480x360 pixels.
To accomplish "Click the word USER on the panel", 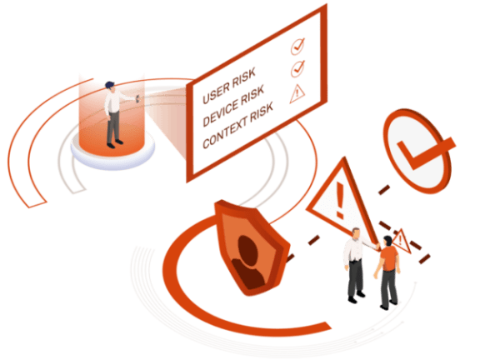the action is [x=216, y=92].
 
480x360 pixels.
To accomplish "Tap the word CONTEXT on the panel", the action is [x=225, y=133].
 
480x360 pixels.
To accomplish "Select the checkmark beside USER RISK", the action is [x=297, y=46].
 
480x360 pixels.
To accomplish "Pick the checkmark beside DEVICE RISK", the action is [x=297, y=68].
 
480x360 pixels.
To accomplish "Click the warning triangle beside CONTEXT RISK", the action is [x=297, y=94].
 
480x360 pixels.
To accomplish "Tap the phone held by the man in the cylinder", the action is [x=137, y=98].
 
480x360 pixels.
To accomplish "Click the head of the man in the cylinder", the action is [x=110, y=86].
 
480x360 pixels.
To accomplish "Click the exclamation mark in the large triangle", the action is [x=340, y=200].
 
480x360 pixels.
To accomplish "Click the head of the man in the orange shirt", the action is [x=387, y=242].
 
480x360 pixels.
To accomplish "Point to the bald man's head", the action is [x=356, y=234].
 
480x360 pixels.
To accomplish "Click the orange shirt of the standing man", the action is [x=389, y=259].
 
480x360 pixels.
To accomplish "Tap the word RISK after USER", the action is [x=243, y=77].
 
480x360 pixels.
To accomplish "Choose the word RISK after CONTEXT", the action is [x=262, y=112].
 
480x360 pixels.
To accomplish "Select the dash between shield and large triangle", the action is [x=312, y=240].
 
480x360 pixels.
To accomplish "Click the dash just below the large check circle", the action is [x=384, y=189].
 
